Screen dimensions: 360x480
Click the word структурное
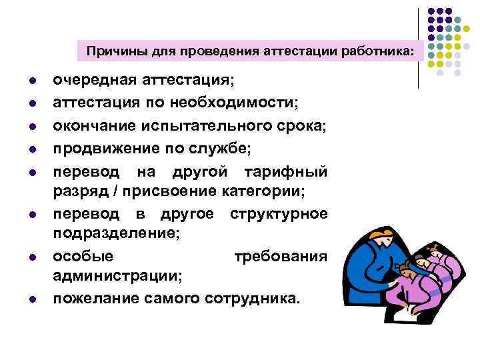(x=278, y=214)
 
